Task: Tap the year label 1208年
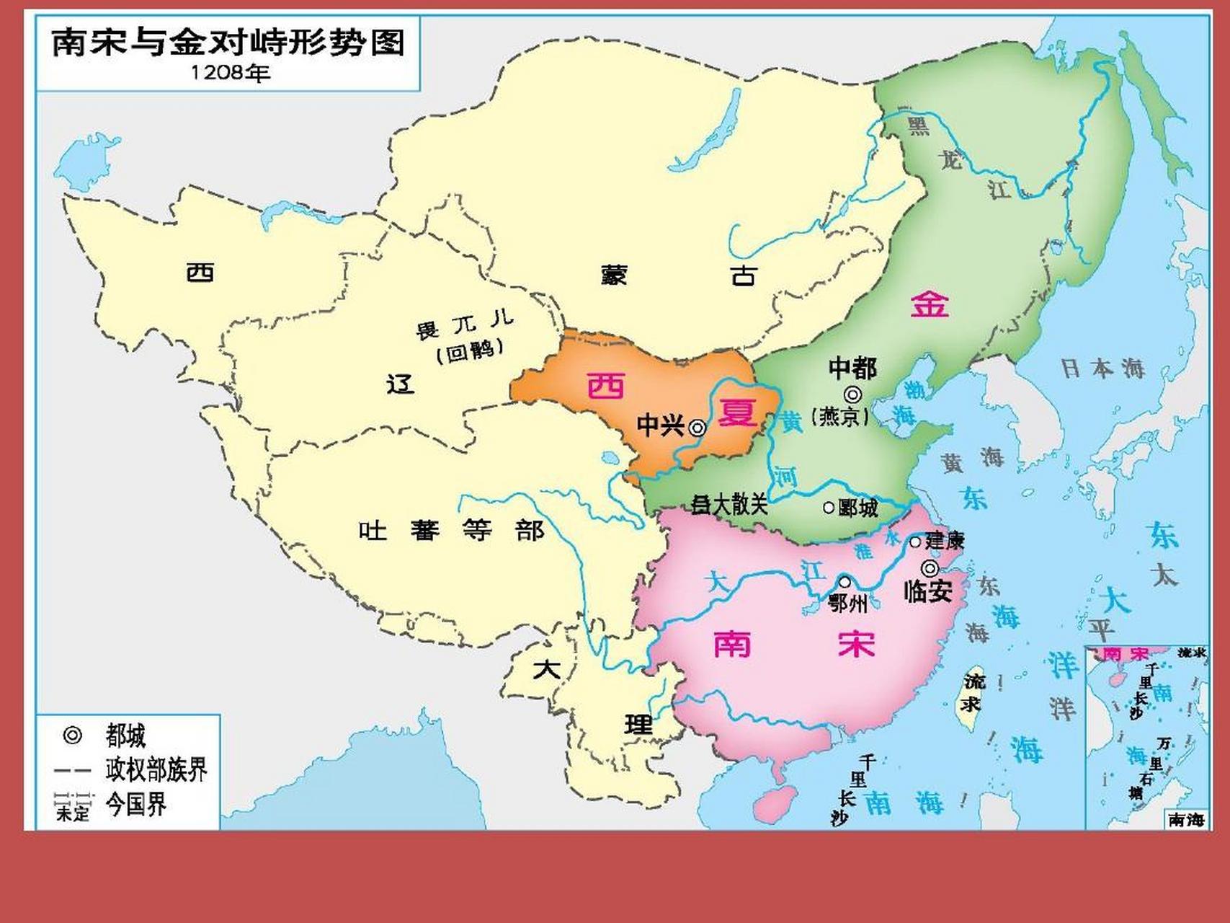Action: [230, 73]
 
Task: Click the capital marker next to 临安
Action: [930, 568]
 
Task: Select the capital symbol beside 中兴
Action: [697, 428]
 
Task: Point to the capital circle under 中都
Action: [853, 394]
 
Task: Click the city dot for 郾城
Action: [829, 508]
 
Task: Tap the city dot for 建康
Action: [915, 542]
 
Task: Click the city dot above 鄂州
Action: [844, 582]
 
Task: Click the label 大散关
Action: [730, 504]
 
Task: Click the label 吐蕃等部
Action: [451, 531]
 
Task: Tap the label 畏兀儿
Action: [464, 325]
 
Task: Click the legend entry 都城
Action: [125, 736]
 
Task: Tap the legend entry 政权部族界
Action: [156, 769]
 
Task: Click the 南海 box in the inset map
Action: [1186, 819]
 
